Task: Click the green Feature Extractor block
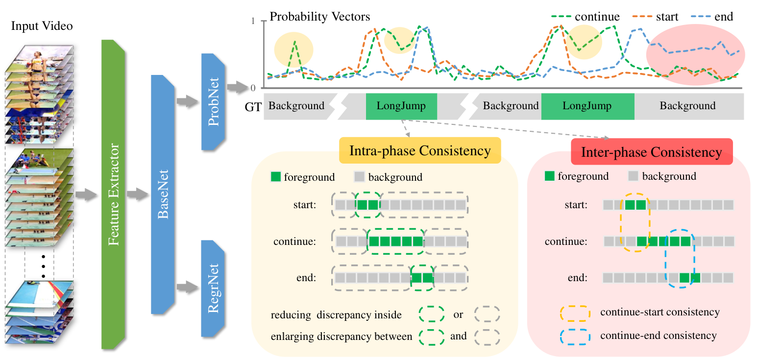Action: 113,194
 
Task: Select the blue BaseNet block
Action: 163,194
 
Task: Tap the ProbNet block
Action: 213,101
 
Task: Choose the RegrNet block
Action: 213,288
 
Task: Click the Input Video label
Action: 42,26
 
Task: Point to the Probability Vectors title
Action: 320,17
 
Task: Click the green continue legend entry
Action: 586,16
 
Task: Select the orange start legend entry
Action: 655,16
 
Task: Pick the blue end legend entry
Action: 712,16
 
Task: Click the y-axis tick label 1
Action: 253,21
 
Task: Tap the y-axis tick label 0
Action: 253,88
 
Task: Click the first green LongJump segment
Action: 401,106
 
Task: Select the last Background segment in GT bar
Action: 689,106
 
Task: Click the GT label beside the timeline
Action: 253,107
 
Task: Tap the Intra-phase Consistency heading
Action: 420,150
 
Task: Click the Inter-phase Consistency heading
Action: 652,152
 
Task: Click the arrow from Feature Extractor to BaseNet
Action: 138,194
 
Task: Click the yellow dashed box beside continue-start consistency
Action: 575,313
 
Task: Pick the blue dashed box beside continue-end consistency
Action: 575,336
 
